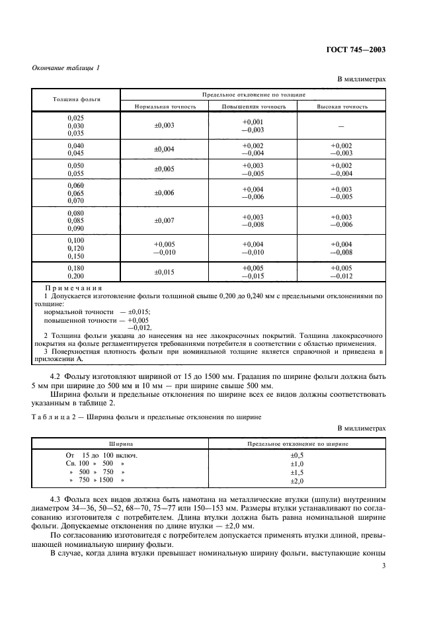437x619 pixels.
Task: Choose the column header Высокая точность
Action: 342,106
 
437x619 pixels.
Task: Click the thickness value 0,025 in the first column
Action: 76,118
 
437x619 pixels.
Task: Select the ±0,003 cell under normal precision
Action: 165,125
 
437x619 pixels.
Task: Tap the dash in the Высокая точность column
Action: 342,126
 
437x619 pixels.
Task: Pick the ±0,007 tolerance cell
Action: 165,220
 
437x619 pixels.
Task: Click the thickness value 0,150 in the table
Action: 76,255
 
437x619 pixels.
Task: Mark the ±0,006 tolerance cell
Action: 165,192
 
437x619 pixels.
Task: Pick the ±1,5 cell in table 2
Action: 297,472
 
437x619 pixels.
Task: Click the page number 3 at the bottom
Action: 384,566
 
